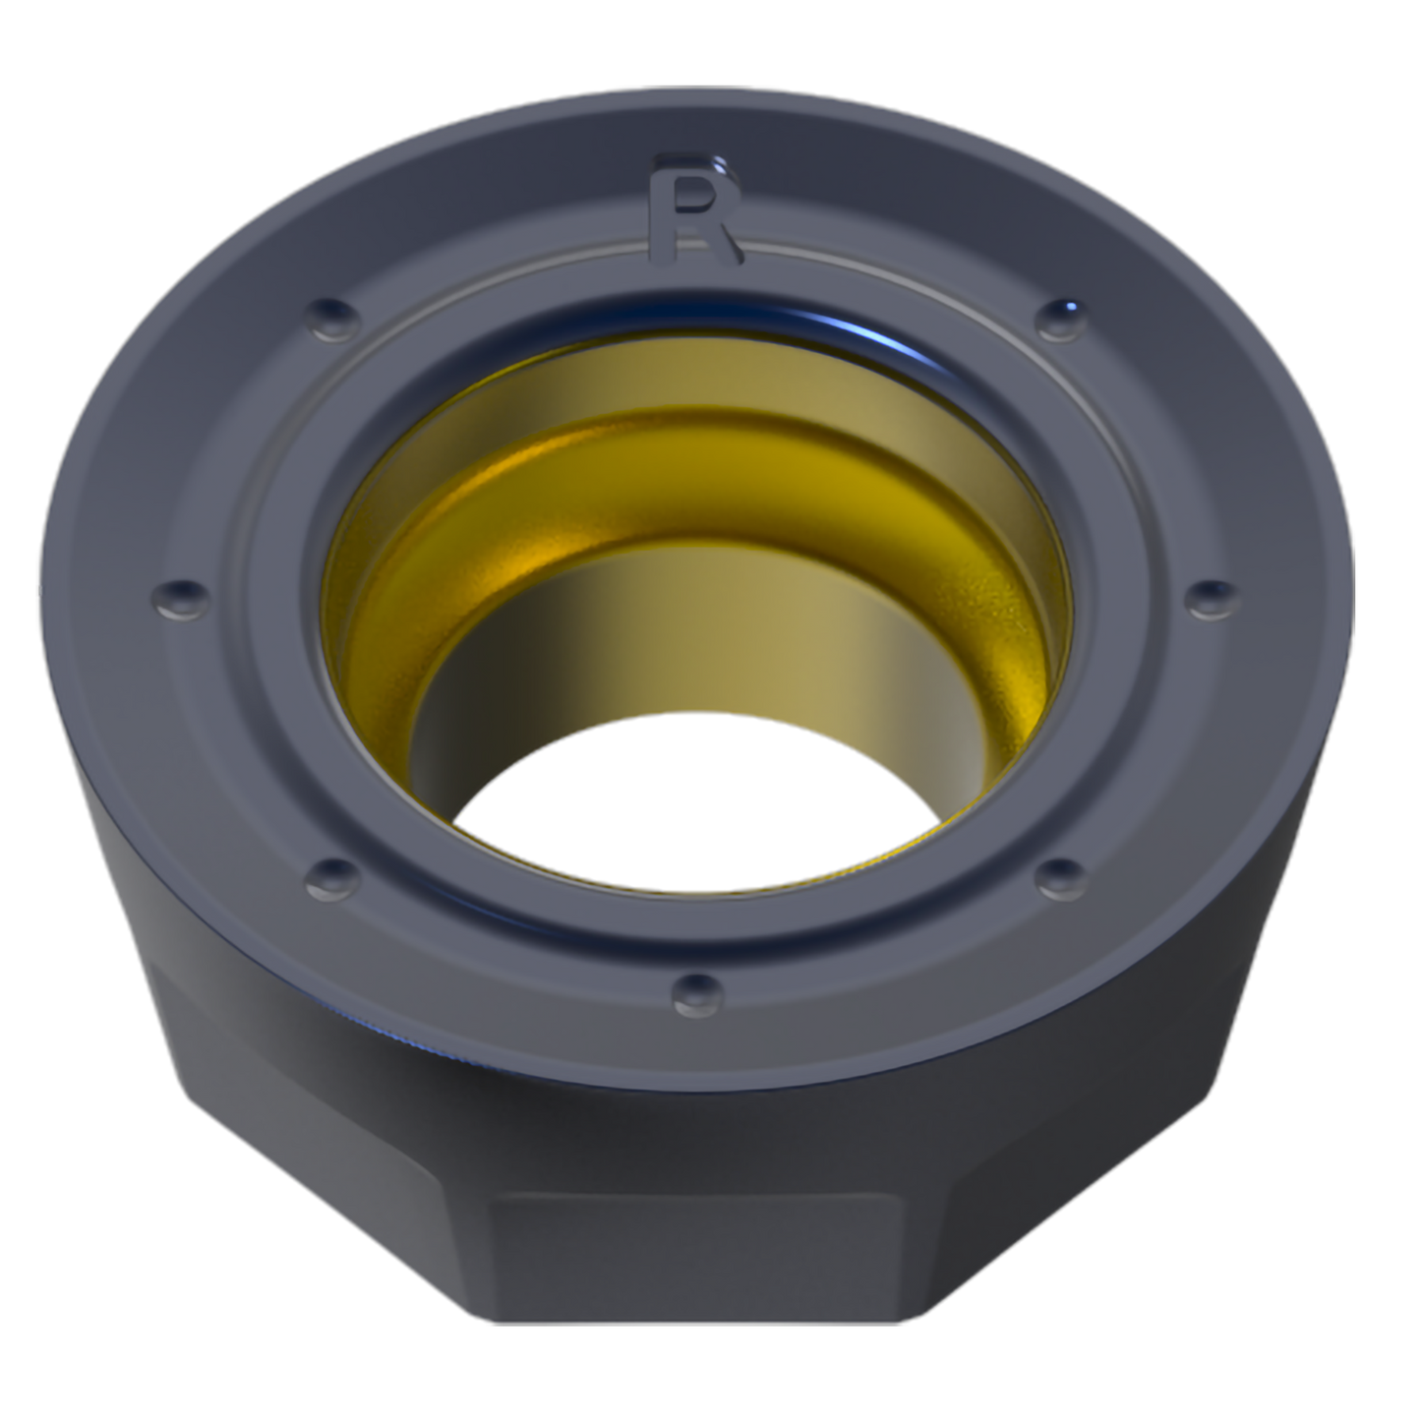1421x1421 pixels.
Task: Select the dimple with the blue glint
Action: [1061, 319]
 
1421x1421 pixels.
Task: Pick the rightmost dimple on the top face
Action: [1213, 597]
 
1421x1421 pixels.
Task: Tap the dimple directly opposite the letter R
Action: [697, 994]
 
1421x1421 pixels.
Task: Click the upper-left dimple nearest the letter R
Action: [333, 319]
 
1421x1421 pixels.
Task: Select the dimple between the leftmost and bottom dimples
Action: [333, 878]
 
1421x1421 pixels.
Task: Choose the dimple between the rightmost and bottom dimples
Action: [1061, 878]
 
